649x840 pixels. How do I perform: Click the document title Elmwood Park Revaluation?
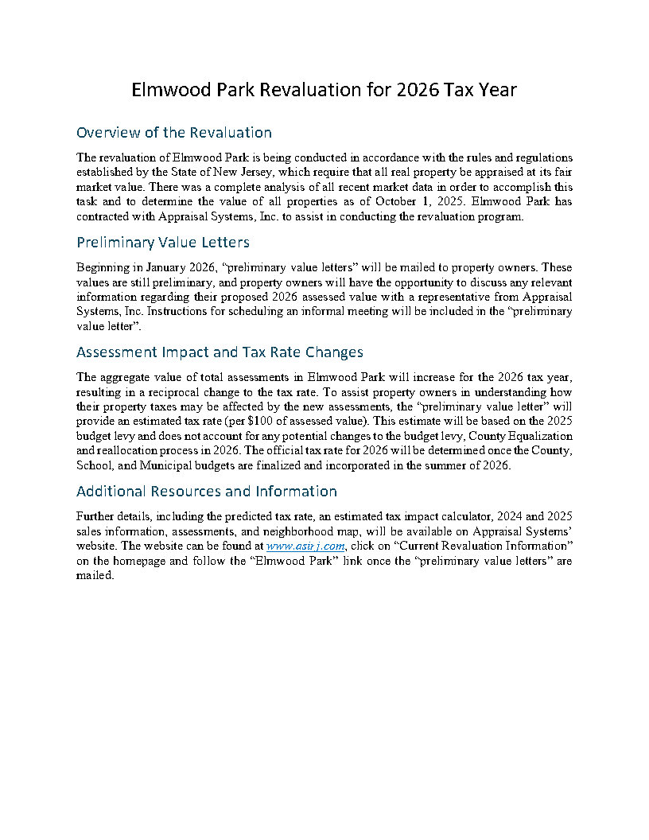[x=324, y=90]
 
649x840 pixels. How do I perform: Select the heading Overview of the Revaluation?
[x=173, y=133]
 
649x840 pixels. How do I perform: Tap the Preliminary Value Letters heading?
[x=162, y=242]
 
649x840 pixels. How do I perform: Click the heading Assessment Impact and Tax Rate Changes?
[x=220, y=352]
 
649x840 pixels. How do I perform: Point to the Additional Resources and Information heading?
[x=206, y=491]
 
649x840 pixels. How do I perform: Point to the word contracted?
[x=103, y=216]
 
